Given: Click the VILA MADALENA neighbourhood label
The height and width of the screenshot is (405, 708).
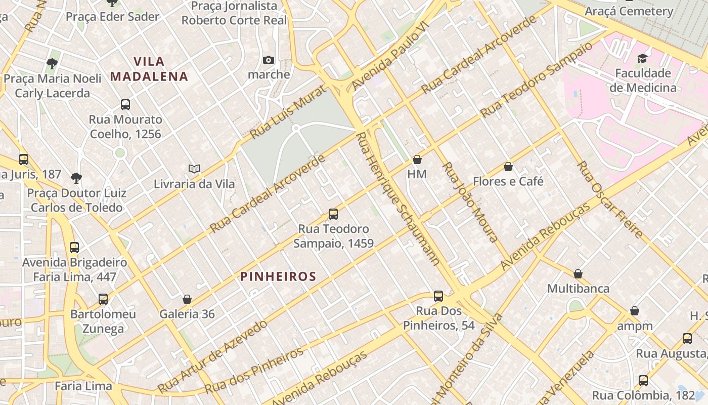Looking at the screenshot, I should coord(149,69).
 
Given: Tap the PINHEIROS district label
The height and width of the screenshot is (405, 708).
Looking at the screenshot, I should coord(278,276).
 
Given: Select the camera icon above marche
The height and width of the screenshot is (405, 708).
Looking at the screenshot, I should coord(269,60).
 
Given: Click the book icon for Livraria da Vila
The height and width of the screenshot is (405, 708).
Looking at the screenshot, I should coord(194,169).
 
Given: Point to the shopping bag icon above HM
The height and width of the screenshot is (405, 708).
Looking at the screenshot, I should coord(417,160).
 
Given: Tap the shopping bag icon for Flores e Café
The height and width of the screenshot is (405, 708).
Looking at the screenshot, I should coord(508,167).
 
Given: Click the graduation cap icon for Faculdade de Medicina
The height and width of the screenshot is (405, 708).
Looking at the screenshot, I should coord(643,58).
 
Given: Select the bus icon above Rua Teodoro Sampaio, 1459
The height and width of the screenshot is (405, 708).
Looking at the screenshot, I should coord(333,214).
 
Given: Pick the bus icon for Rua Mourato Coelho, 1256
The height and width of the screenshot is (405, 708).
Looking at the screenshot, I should coord(125,105).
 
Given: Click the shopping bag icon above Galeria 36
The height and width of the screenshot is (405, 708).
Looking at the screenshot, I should coord(187,299).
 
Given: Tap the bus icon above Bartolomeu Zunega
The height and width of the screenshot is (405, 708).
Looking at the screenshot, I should coord(103,299).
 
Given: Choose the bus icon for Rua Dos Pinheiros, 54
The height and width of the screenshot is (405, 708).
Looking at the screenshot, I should coord(438,296).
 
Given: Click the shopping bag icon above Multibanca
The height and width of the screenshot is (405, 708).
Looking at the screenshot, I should coord(578,274).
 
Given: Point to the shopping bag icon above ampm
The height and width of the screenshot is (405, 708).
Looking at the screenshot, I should coord(635,311).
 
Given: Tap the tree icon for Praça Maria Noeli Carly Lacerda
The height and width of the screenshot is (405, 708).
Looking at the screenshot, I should coord(52,64).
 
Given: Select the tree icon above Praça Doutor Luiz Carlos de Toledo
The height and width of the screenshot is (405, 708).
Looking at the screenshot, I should coord(76,178).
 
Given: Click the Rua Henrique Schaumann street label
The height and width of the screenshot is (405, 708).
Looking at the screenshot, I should coord(397,199).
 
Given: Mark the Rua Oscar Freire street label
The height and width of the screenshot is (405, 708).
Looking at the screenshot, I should coord(610,199).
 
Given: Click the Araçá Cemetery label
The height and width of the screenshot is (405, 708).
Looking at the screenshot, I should coord(629,11).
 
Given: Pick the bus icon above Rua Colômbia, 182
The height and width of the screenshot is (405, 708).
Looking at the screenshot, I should coord(643,380).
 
